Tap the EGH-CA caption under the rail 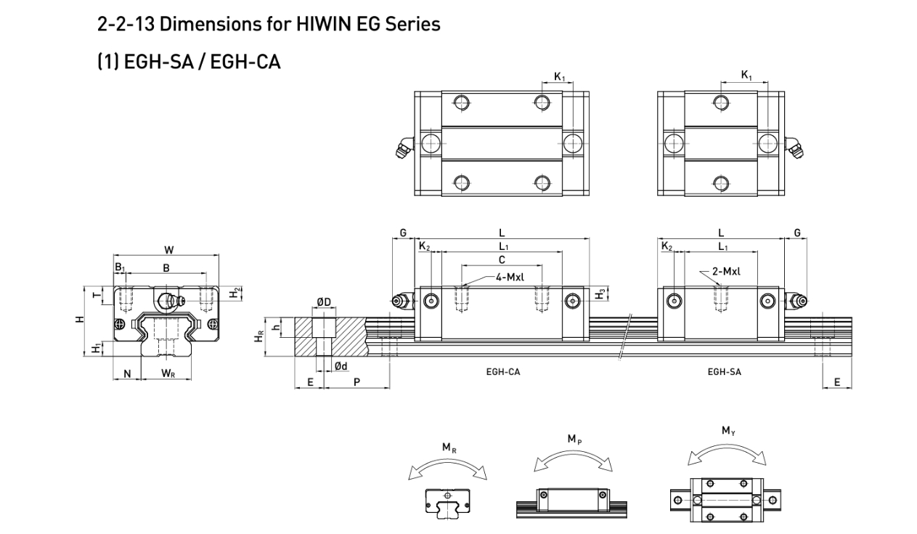pos(503,371)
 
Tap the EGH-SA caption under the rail pos(724,371)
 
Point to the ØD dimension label pos(324,302)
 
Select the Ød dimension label pos(340,365)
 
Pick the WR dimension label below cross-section pos(168,373)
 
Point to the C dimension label pos(502,259)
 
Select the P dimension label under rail pos(356,381)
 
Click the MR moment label pos(449,448)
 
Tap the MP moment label pos(574,439)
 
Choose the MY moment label pos(728,431)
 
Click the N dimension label pos(127,373)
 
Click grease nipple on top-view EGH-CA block pos(402,149)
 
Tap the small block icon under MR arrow pos(447,501)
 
